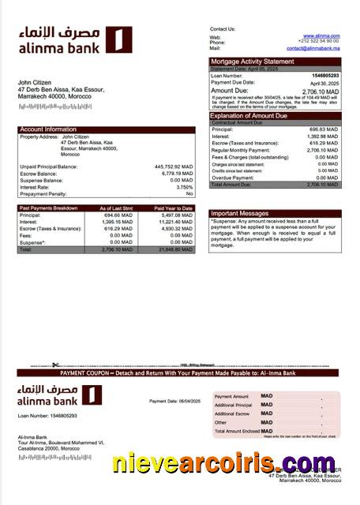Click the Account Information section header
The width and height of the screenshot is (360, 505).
(x=48, y=129)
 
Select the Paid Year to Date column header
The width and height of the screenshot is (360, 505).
(x=173, y=208)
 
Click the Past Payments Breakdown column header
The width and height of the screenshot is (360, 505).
(x=48, y=208)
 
